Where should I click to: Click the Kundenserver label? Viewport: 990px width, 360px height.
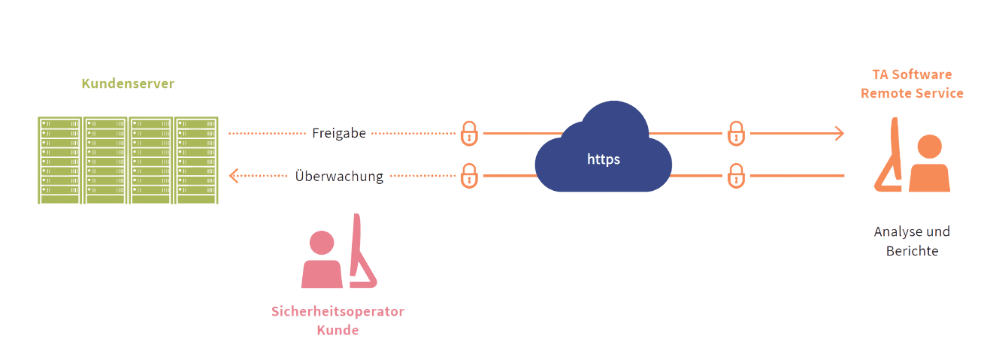[x=128, y=84]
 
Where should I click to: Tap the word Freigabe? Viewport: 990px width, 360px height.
[x=339, y=134]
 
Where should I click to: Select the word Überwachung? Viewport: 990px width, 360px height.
[x=339, y=177]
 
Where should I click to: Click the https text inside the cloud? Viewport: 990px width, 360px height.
[x=603, y=159]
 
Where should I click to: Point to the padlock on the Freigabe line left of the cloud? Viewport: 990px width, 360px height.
[x=469, y=133]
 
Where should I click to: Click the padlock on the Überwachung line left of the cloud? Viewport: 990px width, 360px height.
[x=469, y=177]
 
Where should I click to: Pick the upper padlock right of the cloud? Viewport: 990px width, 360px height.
[x=736, y=133]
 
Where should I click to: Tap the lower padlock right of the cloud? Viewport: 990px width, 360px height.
[x=736, y=177]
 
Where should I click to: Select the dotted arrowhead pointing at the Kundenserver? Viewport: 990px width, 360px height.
[x=234, y=177]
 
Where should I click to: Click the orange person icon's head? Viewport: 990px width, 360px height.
[x=930, y=147]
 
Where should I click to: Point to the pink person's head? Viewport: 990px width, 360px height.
[x=322, y=242]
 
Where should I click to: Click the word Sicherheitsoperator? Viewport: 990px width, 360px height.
[x=338, y=312]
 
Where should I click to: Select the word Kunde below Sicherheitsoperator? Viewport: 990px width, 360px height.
[x=338, y=330]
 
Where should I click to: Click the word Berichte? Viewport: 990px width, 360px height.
[x=912, y=252]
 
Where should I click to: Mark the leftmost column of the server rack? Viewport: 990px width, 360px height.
[x=60, y=159]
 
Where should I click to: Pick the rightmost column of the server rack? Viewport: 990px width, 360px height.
[x=196, y=159]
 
